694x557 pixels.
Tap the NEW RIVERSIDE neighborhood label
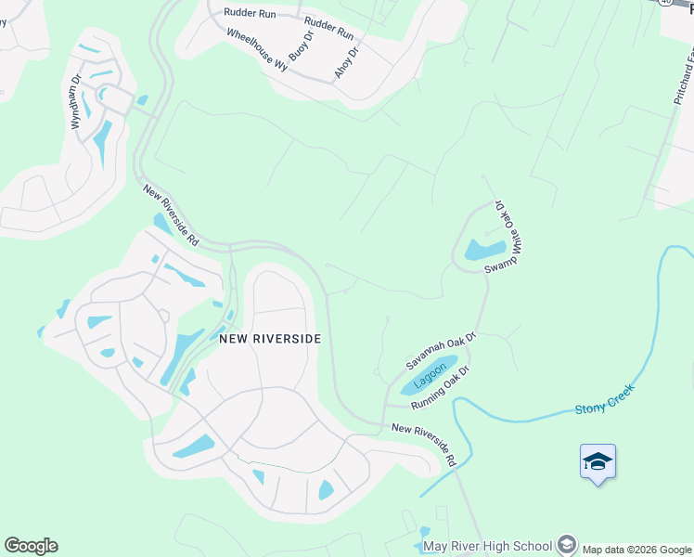click(270, 339)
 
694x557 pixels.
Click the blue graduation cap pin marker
click(598, 462)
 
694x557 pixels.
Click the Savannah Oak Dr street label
click(440, 352)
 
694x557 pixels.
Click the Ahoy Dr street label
click(346, 61)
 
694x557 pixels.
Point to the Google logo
click(31, 546)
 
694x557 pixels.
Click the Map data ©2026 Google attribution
click(635, 549)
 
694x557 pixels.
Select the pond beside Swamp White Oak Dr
click(484, 249)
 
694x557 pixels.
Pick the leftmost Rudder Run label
click(251, 15)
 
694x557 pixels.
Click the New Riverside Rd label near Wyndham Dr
click(172, 214)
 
